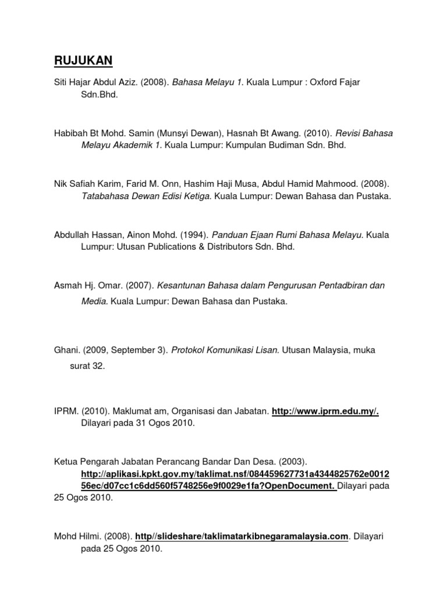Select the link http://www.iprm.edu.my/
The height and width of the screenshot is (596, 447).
(x=325, y=411)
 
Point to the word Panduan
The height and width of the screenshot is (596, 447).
(x=229, y=235)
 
